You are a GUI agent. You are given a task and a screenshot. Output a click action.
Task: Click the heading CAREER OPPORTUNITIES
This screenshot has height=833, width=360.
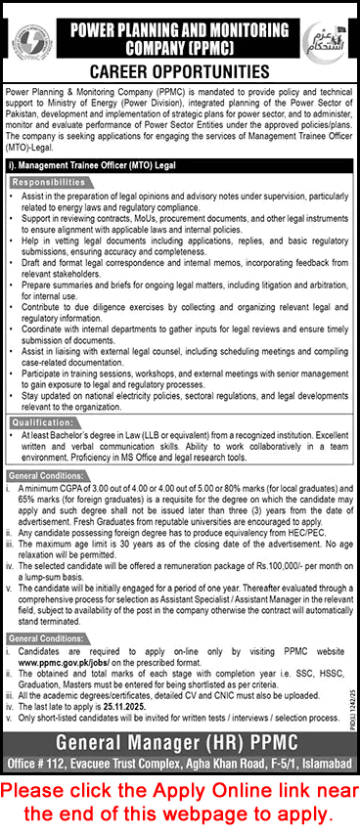point(179,72)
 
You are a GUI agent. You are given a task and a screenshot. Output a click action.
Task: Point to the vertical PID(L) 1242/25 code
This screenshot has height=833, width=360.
point(349,645)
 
